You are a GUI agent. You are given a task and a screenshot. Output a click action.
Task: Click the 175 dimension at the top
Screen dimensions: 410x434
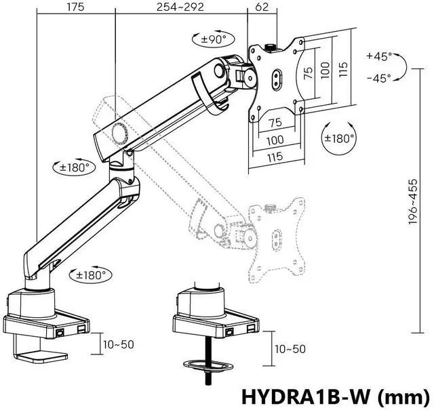coord(75,7)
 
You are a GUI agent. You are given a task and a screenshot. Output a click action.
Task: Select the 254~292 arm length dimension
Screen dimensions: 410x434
coord(180,7)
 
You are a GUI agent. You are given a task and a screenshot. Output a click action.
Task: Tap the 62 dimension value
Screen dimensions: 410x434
coord(261,7)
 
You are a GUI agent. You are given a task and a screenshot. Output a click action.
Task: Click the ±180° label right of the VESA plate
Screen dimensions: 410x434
coord(338,138)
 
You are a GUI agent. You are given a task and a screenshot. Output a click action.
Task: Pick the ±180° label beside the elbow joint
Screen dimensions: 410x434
coord(75,167)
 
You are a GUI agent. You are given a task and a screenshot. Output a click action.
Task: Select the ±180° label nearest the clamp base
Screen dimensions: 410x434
coord(92,275)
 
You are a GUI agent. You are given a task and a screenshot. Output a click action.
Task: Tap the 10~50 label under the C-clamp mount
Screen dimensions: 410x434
coord(118,344)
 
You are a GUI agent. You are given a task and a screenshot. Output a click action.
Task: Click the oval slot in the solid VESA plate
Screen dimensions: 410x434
coord(277,77)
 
